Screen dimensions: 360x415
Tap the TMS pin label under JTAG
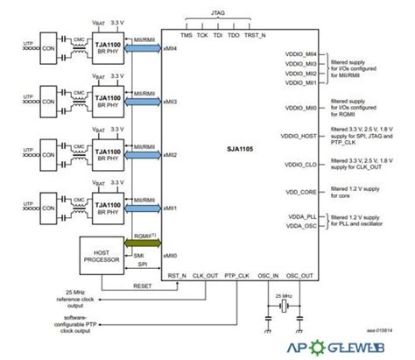pyautogui.click(x=186, y=36)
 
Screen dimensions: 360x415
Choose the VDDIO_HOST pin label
pyautogui.click(x=295, y=138)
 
